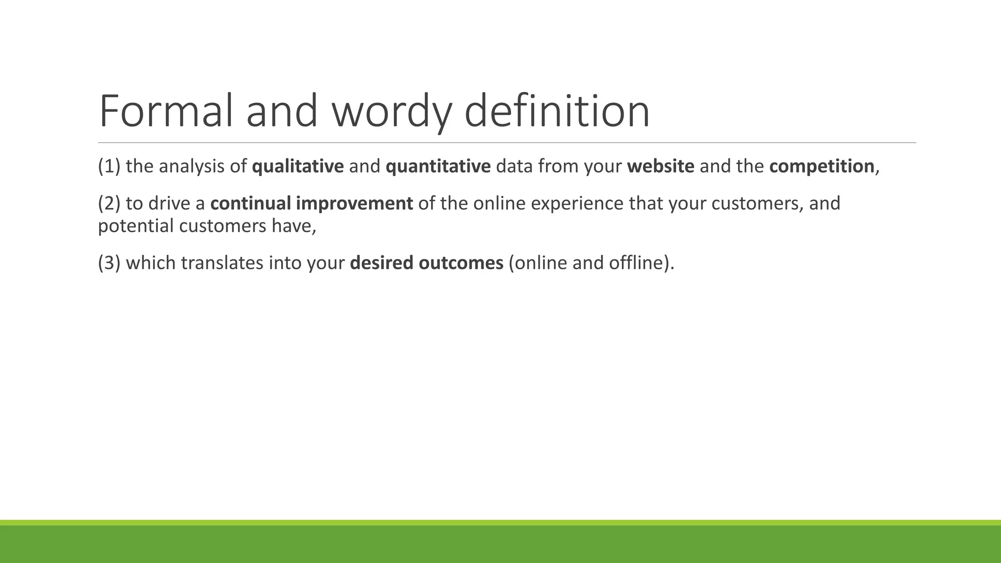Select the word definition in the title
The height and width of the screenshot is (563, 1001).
[x=557, y=111]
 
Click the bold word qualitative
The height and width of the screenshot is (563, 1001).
[x=298, y=167]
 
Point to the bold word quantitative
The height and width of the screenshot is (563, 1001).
[x=438, y=167]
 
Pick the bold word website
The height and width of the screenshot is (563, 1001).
[x=660, y=167]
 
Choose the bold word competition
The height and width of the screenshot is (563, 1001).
[x=822, y=167]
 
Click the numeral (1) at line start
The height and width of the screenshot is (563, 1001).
[x=109, y=167]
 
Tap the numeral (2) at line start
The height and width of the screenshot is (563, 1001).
[x=109, y=203]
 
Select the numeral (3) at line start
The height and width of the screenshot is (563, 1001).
[x=109, y=263]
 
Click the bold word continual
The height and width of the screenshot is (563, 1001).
[x=251, y=203]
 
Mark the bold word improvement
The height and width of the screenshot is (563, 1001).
[x=354, y=203]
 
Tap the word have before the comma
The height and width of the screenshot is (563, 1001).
[x=291, y=226]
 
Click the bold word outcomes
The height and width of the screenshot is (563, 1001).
[x=461, y=263]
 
